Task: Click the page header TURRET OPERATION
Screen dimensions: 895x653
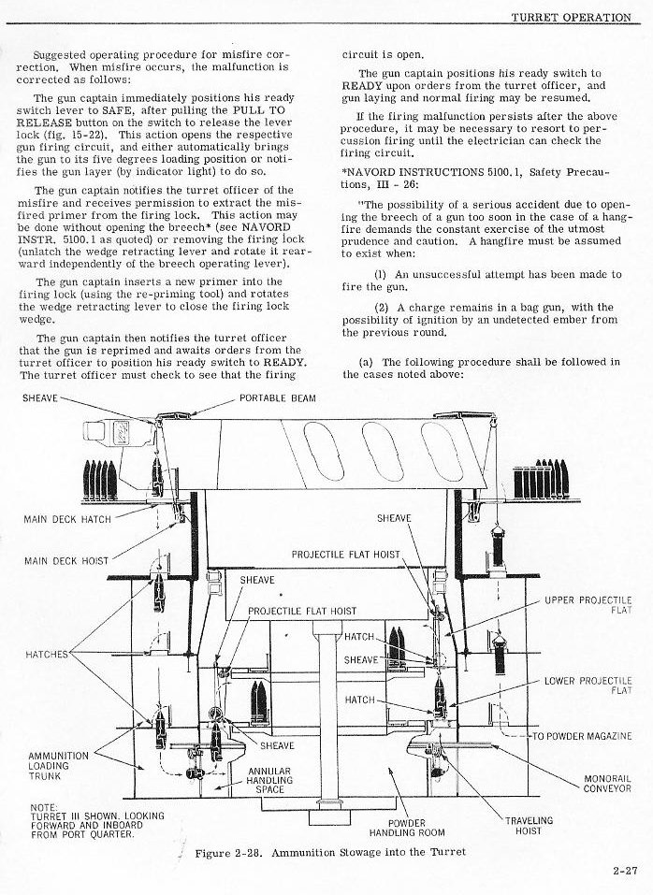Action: [x=570, y=17]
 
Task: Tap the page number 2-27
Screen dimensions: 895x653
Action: [x=625, y=870]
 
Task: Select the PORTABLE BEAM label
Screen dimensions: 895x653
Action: [x=278, y=397]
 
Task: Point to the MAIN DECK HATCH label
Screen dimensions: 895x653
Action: [x=67, y=519]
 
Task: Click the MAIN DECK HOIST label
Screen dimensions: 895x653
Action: [x=65, y=561]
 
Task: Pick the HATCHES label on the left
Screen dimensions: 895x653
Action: [x=48, y=654]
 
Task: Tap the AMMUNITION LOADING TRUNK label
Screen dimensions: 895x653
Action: [x=58, y=765]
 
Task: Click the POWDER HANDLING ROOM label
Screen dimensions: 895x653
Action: [x=407, y=828]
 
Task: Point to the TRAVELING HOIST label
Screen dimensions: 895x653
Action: [x=529, y=825]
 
